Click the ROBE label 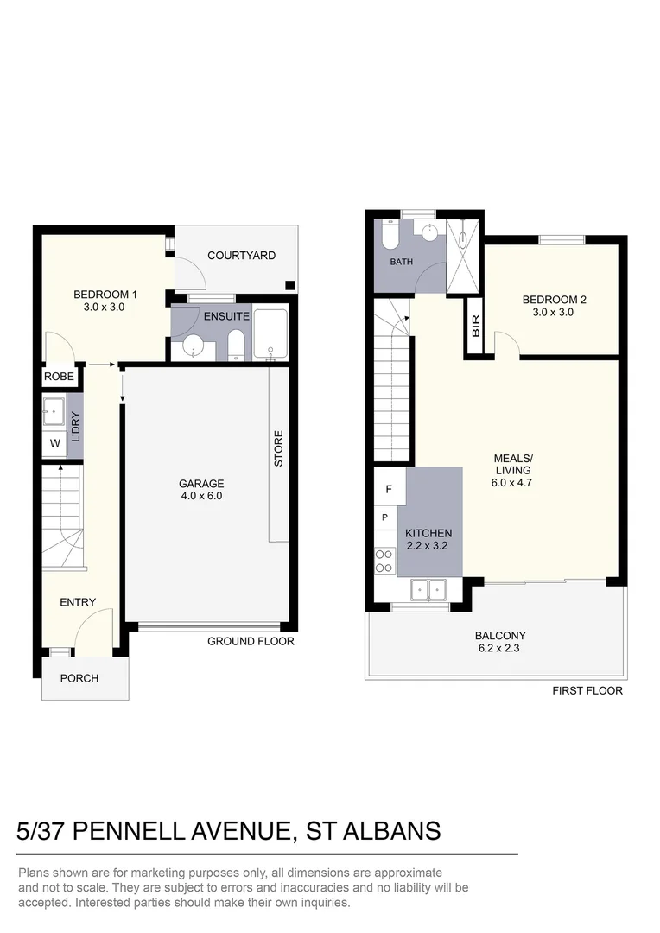[60, 377]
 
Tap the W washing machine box [55, 444]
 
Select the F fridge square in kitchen [389, 489]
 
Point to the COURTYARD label [242, 256]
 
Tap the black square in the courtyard [290, 286]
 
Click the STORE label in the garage [278, 449]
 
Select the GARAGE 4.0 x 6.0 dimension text [200, 496]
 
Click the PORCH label [79, 679]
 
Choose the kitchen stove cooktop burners [384, 561]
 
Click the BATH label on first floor [401, 262]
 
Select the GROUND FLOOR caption [251, 642]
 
